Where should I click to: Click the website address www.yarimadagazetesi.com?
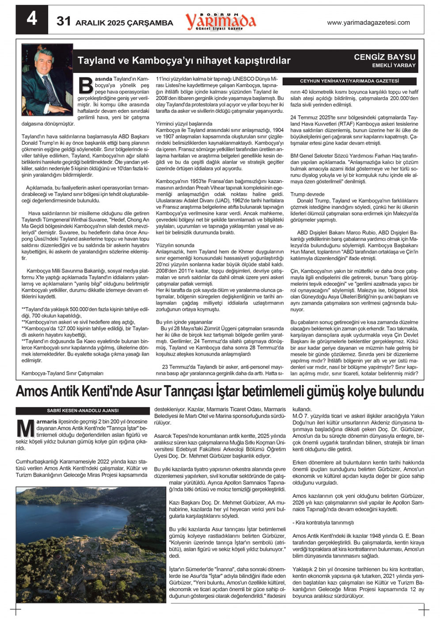click(x=368, y=23)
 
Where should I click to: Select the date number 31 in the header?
click(x=64, y=21)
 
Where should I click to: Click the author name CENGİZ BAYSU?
click(x=384, y=57)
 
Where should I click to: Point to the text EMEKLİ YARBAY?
click(x=394, y=65)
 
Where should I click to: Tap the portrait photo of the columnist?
click(x=47, y=80)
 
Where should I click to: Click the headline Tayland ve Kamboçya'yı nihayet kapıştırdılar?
click(x=184, y=61)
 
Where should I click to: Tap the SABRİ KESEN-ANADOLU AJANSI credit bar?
click(x=83, y=410)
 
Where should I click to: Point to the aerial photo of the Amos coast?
click(x=84, y=545)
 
